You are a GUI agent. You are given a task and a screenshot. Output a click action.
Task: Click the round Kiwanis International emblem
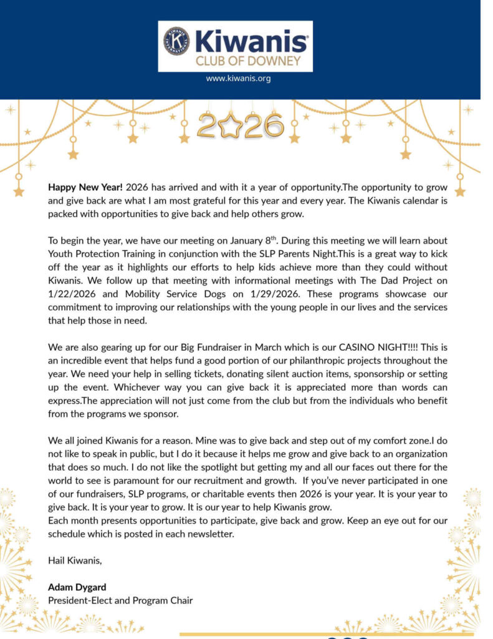click(176, 41)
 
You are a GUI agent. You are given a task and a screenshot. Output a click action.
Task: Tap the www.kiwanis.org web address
click(238, 79)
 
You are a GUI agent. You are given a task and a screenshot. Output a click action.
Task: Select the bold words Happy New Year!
click(85, 187)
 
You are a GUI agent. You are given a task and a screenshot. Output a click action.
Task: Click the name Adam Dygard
click(77, 587)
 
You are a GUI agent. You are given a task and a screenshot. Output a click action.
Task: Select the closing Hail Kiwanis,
click(75, 560)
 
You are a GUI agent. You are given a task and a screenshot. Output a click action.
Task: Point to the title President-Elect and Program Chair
click(120, 600)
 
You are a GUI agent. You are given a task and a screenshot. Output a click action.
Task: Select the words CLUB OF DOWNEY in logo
click(248, 61)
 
